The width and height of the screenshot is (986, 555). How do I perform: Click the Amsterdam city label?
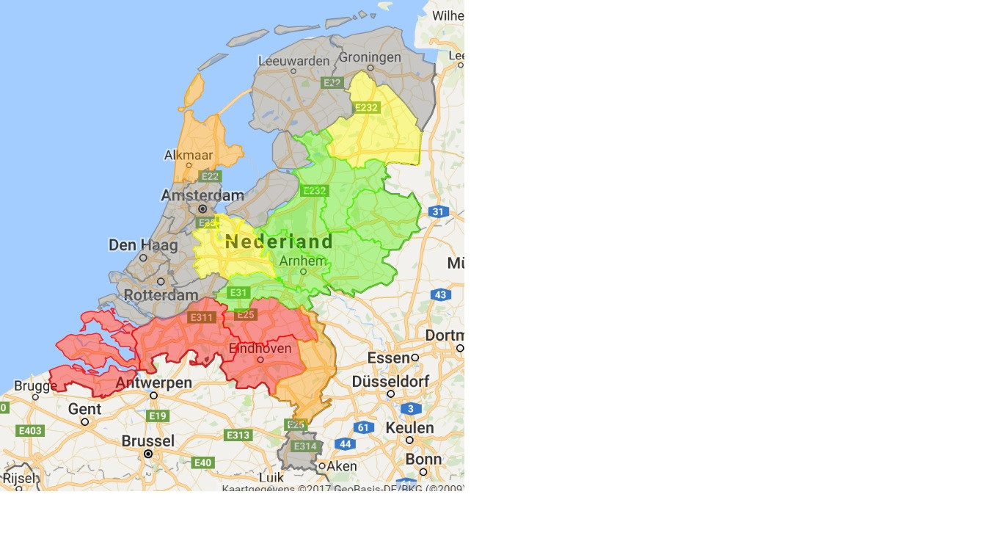tap(202, 195)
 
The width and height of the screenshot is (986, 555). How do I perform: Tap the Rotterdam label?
tap(161, 295)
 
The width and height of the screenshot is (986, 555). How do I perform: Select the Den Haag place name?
tap(143, 245)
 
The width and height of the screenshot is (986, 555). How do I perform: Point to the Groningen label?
tap(370, 57)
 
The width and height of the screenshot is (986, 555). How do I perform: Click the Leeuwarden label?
tap(293, 61)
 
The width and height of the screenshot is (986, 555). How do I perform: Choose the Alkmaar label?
tap(189, 155)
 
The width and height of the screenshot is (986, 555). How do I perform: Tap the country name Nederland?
tap(279, 242)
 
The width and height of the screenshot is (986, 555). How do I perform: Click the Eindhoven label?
tap(260, 348)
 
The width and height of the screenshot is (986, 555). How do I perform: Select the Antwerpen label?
tap(153, 382)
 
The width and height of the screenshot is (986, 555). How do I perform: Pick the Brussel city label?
tap(148, 441)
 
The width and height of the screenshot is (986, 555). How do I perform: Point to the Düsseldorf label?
tap(390, 382)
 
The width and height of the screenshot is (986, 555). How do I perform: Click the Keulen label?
tap(409, 427)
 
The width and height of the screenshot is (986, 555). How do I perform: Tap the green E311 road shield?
tap(201, 317)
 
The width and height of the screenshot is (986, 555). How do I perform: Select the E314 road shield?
tap(304, 446)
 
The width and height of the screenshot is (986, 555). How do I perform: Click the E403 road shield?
tap(30, 431)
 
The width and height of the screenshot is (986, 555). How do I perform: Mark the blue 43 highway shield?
tap(440, 295)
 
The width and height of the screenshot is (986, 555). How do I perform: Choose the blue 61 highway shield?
tap(363, 427)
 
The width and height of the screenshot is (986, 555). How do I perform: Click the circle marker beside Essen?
tap(415, 358)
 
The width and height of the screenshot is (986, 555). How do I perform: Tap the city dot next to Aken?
tap(321, 466)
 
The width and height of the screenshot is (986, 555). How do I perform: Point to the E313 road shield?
tap(238, 435)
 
